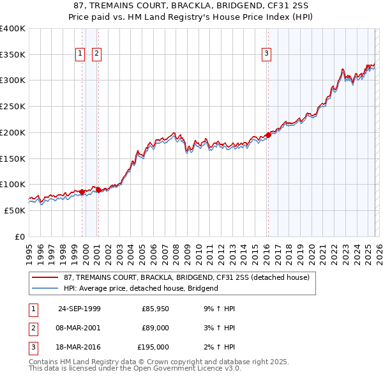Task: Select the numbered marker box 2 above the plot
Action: click(x=96, y=54)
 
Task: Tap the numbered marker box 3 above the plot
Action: click(x=266, y=54)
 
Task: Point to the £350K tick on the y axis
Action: click(x=13, y=55)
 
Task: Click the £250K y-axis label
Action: click(x=13, y=107)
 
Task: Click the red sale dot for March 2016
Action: click(x=268, y=135)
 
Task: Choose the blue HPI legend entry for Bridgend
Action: click(x=140, y=288)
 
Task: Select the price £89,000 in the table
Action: click(x=156, y=328)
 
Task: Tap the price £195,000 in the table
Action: click(x=154, y=347)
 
